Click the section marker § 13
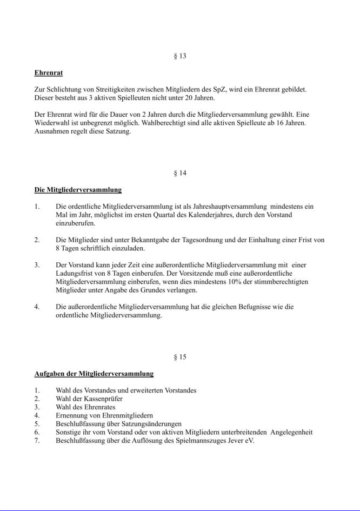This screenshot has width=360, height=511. coord(180,56)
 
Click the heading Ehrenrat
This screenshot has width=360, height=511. coord(49,72)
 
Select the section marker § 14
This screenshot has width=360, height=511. coord(180,174)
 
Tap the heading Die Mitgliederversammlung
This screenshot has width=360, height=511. coord(78,190)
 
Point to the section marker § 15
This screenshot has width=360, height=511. coord(180,357)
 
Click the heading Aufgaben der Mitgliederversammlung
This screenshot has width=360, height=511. coord(94,374)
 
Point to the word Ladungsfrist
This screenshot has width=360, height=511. coord(74,274)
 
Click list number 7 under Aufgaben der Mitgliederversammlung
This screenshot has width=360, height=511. coord(37,441)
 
